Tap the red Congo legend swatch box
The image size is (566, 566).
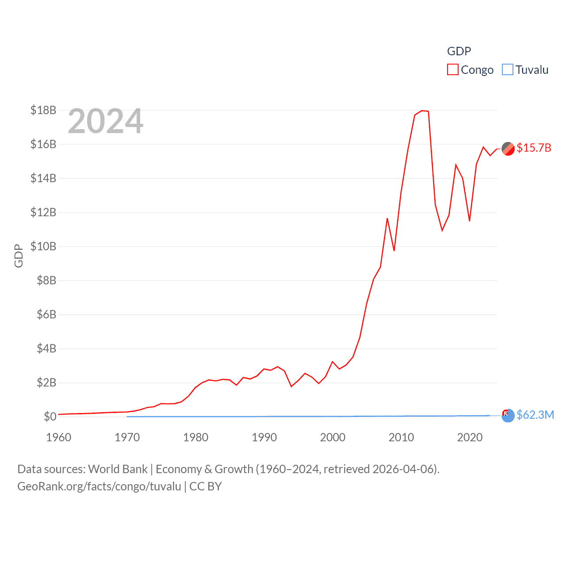coord(453,70)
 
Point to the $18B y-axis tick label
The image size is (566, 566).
coord(43,110)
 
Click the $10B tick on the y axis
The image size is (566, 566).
coord(43,246)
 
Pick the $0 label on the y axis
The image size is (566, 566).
coord(50,417)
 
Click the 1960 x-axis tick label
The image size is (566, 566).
coord(59,437)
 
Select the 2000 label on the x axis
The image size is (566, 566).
coord(333,437)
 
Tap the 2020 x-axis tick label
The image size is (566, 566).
coord(470,437)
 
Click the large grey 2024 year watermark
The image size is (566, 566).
coord(106,121)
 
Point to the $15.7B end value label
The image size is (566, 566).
coord(534,148)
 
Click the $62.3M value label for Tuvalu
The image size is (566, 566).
coord(535,415)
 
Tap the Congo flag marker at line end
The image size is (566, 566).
coord(508,149)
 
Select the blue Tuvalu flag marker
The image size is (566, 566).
coord(508,415)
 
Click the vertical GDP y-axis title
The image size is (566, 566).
coord(19,256)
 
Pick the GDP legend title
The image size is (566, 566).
coord(459,51)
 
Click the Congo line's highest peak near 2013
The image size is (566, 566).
coord(422,111)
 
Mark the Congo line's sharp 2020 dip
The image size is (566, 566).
coord(470,221)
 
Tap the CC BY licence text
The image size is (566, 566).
coord(206,486)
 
